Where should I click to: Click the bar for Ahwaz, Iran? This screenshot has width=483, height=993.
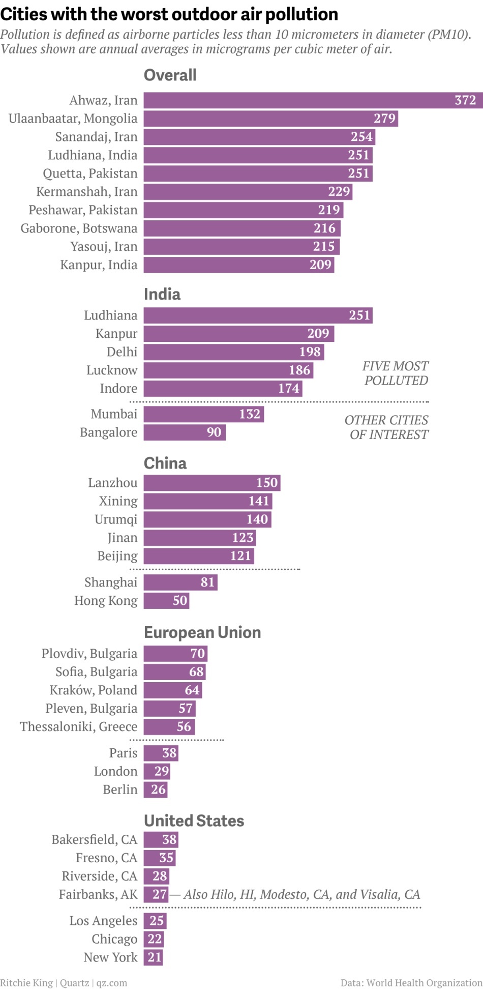[312, 100]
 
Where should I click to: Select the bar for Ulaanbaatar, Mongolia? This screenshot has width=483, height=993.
[270, 119]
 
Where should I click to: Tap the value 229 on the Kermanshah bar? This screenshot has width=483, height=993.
[339, 192]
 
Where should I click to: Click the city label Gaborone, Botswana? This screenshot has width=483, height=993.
[79, 228]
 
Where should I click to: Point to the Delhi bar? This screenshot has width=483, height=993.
[233, 352]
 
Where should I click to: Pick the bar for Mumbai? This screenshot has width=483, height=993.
[203, 414]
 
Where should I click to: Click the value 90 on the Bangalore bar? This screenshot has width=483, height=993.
[214, 432]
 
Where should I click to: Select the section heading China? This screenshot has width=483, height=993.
[165, 463]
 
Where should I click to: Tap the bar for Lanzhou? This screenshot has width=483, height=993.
[212, 483]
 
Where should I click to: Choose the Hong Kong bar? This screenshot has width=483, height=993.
[166, 601]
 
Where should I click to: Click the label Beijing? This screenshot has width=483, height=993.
[117, 556]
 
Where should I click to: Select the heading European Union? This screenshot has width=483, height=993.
[202, 632]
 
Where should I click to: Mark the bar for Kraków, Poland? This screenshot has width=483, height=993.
[173, 690]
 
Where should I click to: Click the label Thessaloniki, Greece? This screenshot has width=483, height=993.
[79, 727]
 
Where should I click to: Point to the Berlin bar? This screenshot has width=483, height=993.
[155, 790]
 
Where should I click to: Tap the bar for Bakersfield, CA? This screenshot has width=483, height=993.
[161, 839]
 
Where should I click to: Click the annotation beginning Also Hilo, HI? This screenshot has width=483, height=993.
[302, 894]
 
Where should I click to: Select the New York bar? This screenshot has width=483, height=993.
[153, 957]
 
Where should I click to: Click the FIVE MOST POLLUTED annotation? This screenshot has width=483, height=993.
[396, 373]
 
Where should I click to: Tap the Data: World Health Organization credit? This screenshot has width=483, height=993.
[411, 983]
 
